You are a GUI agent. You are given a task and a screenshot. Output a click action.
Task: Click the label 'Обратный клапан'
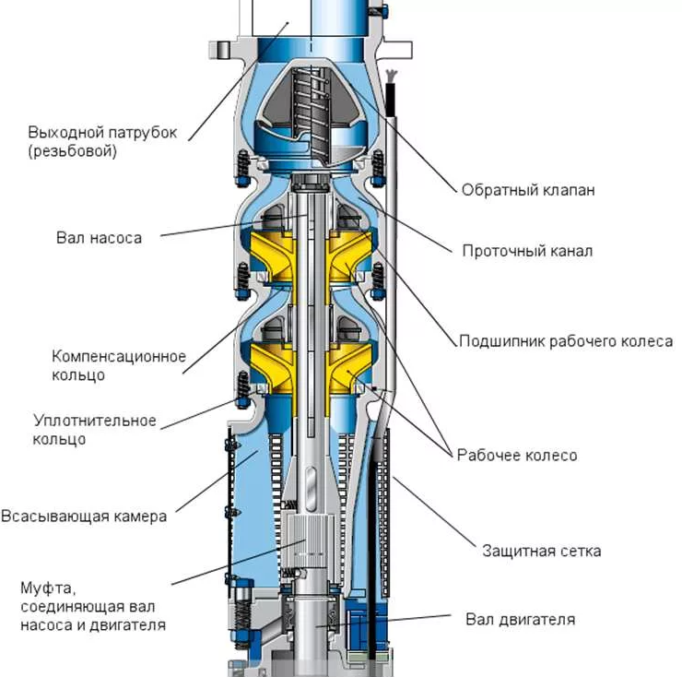(528, 190)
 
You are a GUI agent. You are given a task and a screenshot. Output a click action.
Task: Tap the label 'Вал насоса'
(100, 238)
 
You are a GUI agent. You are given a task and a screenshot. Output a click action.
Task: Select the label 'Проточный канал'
(527, 251)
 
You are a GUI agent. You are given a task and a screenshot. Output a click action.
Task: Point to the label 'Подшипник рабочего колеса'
(566, 341)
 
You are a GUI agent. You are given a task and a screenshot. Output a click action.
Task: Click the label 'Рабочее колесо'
(517, 456)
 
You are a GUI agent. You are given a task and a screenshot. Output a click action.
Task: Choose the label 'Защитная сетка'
(542, 551)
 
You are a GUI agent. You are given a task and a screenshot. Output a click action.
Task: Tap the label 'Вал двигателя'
(520, 619)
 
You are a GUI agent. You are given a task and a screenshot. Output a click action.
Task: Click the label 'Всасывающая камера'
(84, 516)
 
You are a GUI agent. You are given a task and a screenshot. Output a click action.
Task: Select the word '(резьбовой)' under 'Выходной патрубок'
(73, 151)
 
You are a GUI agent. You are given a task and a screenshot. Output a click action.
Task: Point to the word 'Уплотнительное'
(95, 421)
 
